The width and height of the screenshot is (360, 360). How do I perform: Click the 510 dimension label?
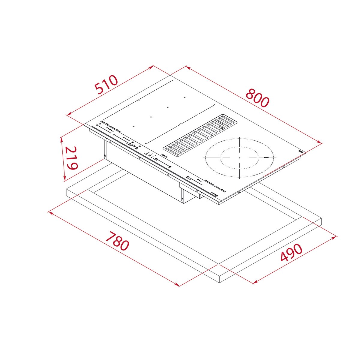(x=106, y=85)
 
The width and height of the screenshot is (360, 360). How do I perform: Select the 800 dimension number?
(x=257, y=98)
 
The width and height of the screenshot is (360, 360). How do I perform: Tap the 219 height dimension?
(x=71, y=158)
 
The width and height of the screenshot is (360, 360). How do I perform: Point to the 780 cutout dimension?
(x=117, y=241)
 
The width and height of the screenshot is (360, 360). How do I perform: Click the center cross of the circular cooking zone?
(x=240, y=157)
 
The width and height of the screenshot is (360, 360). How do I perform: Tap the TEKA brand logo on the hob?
(x=164, y=156)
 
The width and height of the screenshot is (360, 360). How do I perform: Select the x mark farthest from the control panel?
(x=185, y=97)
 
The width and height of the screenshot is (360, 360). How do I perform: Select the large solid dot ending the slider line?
(x=170, y=167)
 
